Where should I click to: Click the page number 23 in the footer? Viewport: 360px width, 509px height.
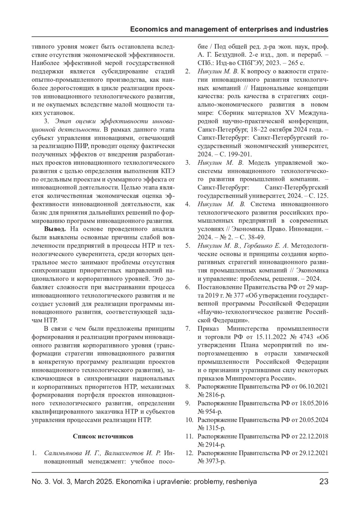pyautogui.click(x=324, y=482)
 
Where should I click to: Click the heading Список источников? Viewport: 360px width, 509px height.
pyautogui.click(x=103, y=436)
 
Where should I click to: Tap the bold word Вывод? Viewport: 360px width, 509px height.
pyautogui.click(x=55, y=229)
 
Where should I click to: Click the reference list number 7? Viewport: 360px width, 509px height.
pyautogui.click(x=187, y=329)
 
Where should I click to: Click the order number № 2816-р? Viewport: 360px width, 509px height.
pyautogui.click(x=211, y=394)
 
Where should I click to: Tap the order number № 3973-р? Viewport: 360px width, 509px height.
pyautogui.click(x=211, y=461)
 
